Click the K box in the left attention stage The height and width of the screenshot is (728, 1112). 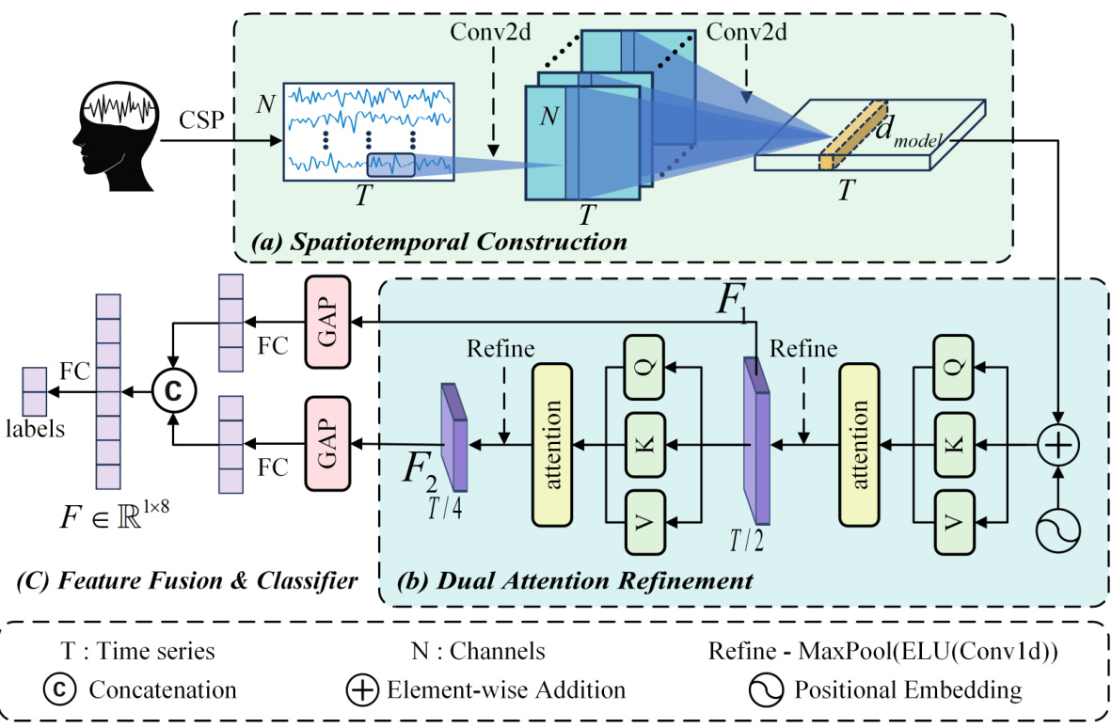pos(646,442)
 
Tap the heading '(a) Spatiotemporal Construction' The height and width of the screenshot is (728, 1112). pos(440,242)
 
